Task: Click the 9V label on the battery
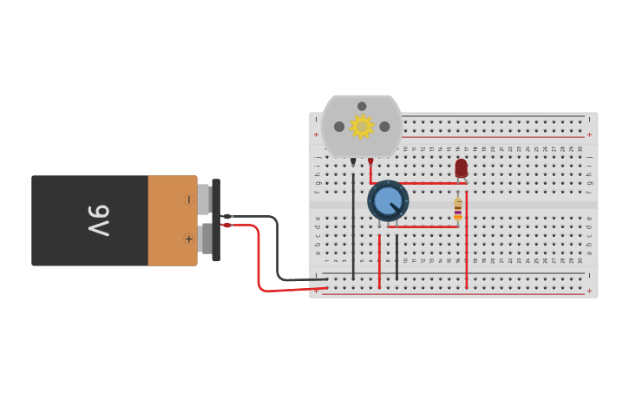(x=98, y=220)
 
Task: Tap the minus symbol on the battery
(x=188, y=200)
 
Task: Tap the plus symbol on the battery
(x=188, y=239)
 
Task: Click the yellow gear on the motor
(x=362, y=127)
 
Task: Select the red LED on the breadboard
(x=462, y=167)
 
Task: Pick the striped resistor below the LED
(x=458, y=209)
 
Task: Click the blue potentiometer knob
(x=387, y=201)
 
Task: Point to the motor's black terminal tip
(x=353, y=161)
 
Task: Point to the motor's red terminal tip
(x=370, y=161)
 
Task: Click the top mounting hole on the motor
(x=362, y=107)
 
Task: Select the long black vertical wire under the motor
(x=353, y=221)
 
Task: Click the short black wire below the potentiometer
(x=397, y=257)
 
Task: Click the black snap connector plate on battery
(x=216, y=219)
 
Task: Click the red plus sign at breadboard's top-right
(x=589, y=134)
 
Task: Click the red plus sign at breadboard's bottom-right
(x=589, y=291)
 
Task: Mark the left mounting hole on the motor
(x=339, y=127)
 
